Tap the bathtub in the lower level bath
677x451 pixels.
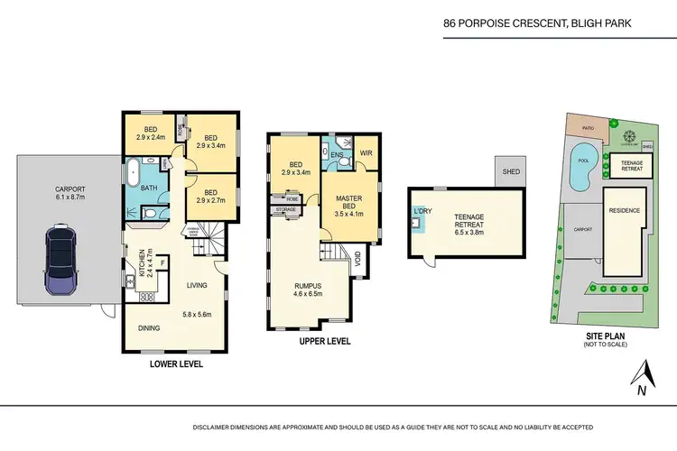133,171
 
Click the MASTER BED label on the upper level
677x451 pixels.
349,203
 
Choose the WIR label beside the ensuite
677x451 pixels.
366,153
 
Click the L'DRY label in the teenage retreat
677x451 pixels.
422,211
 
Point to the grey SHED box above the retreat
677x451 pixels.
511,171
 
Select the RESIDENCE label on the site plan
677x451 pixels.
625,210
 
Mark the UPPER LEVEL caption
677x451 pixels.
323,342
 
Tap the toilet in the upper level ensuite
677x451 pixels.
344,169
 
